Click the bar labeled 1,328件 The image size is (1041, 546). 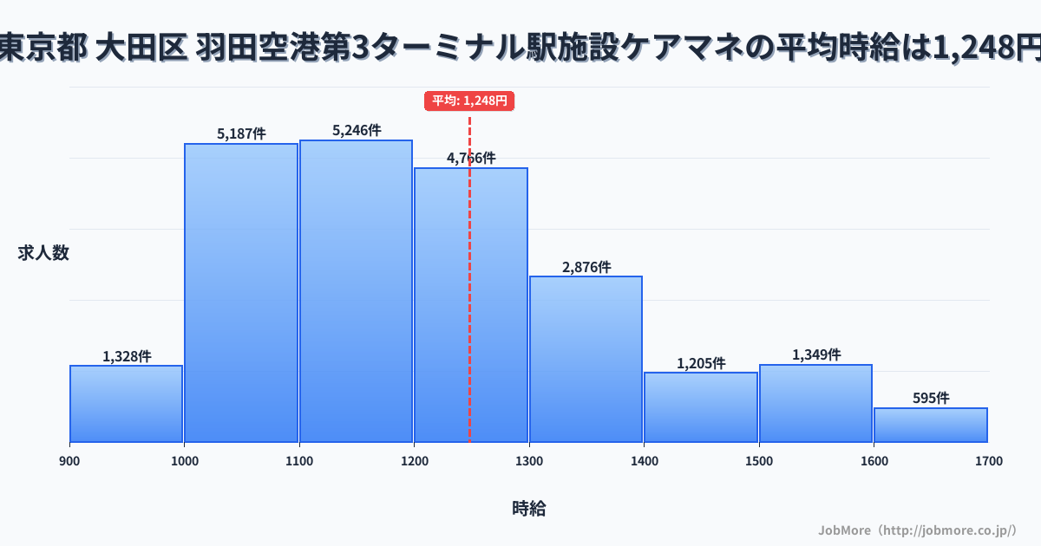click(x=126, y=404)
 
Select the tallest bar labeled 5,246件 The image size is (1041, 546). click(x=356, y=291)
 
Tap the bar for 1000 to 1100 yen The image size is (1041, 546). click(x=240, y=293)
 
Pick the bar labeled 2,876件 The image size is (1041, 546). click(x=586, y=359)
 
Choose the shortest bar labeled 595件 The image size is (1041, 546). click(x=930, y=426)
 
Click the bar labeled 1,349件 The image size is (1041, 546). click(x=815, y=404)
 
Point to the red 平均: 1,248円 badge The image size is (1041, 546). click(x=469, y=101)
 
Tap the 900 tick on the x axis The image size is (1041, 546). click(x=69, y=461)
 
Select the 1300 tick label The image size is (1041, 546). click(x=528, y=461)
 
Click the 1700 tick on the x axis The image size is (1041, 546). click(x=988, y=461)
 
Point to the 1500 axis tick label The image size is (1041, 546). click(x=758, y=461)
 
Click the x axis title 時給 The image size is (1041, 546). click(x=528, y=509)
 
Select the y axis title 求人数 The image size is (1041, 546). click(x=43, y=253)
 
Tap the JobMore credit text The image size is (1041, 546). click(x=917, y=530)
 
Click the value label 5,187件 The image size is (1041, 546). click(x=241, y=133)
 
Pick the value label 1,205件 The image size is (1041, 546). click(x=701, y=363)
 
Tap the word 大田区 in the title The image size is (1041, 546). click(x=142, y=48)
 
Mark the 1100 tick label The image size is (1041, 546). click(x=298, y=461)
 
